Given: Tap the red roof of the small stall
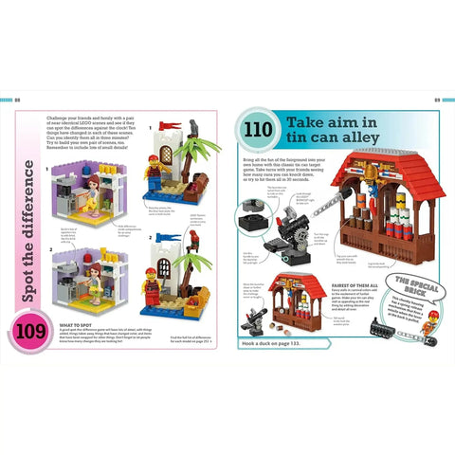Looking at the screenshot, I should (299, 283).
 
